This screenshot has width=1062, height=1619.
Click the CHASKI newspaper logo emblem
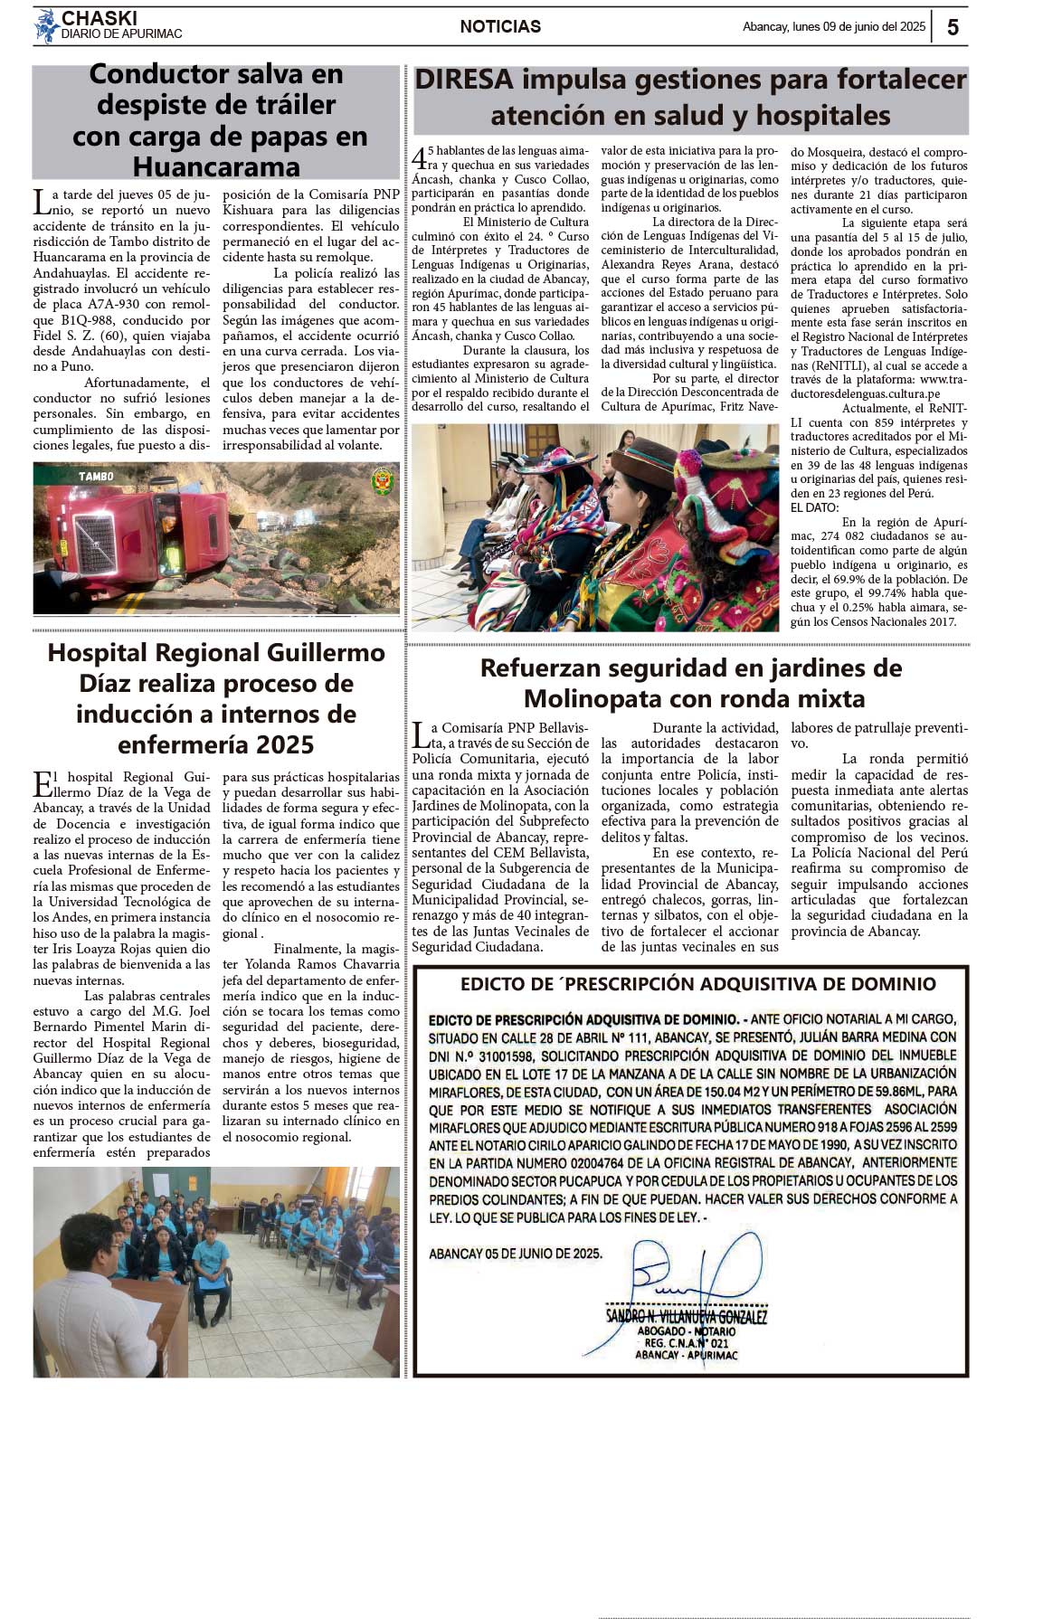point(46,26)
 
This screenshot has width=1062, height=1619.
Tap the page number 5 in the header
point(953,27)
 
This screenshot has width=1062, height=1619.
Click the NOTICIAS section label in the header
point(500,27)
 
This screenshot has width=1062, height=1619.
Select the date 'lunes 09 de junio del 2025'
point(858,27)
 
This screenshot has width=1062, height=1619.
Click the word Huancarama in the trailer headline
point(216,167)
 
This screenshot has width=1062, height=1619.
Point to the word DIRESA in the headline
point(464,80)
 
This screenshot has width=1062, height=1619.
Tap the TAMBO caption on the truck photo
point(96,476)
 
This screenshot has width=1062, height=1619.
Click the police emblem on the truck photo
point(383,480)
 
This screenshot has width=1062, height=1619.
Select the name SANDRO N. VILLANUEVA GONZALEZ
point(687,1317)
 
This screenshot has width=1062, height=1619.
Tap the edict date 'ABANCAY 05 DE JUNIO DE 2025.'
point(515,1254)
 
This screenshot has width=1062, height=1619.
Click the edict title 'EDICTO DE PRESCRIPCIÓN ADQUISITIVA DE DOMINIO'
point(697,984)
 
